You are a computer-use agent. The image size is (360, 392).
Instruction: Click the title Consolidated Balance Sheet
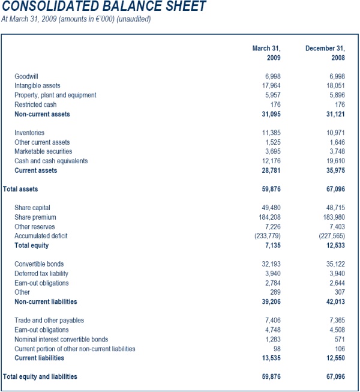pyautogui.click(x=104, y=7)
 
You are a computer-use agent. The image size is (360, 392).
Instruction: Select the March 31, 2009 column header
pyautogui.click(x=266, y=53)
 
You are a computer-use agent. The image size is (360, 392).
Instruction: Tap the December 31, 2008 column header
pyautogui.click(x=325, y=53)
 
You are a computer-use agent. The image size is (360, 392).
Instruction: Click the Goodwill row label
pyautogui.click(x=26, y=76)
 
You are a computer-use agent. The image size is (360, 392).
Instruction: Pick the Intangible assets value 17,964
pyautogui.click(x=272, y=86)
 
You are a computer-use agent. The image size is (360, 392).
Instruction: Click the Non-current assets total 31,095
pyautogui.click(x=271, y=114)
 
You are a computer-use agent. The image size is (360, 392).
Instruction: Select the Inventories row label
pyautogui.click(x=29, y=133)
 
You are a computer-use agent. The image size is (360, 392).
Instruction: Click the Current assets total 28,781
pyautogui.click(x=271, y=170)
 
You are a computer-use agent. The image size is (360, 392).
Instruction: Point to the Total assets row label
pyautogui.click(x=20, y=189)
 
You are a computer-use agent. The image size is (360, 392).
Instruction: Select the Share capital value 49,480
pyautogui.click(x=272, y=208)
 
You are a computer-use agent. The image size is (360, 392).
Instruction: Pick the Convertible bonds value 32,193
pyautogui.click(x=272, y=264)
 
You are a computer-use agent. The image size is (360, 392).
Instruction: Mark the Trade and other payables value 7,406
pyautogui.click(x=274, y=321)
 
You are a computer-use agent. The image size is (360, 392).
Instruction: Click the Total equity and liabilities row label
pyautogui.click(x=40, y=377)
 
